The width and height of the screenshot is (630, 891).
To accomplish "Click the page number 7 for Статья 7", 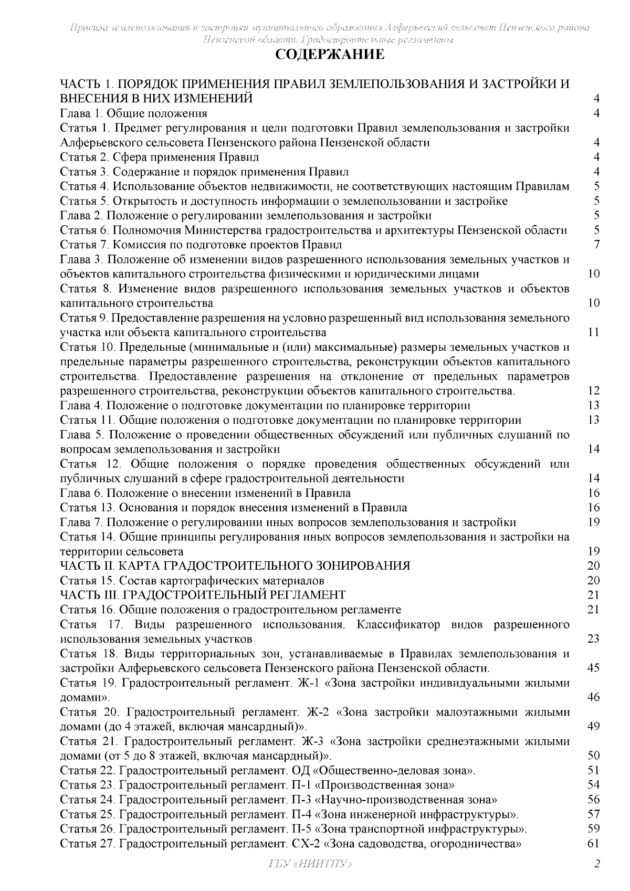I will [x=596, y=245].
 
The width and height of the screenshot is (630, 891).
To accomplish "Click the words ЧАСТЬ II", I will [x=86, y=566].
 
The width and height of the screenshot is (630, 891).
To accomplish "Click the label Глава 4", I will [x=82, y=405].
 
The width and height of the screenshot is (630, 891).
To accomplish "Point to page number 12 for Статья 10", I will [x=593, y=391].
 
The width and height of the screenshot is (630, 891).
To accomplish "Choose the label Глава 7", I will [x=82, y=522].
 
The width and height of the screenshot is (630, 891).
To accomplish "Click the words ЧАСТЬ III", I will [x=88, y=595].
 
